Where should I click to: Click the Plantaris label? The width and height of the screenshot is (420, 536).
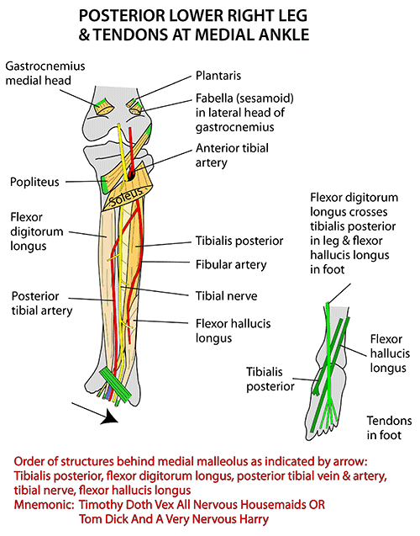[218, 76]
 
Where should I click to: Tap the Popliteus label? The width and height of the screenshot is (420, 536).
[34, 182]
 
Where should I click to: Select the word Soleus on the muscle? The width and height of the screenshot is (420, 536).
[127, 196]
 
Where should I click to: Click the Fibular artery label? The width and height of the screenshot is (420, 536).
[231, 264]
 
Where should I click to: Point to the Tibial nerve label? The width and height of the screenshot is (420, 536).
[226, 295]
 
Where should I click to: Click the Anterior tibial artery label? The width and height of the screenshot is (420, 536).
[232, 155]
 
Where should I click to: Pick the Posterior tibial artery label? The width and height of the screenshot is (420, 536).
[42, 303]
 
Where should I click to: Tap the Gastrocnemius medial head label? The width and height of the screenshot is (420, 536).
[45, 73]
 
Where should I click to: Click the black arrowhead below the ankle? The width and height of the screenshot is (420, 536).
[109, 417]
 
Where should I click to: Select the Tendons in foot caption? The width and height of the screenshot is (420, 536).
[389, 427]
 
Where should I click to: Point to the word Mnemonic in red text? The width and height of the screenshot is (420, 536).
[44, 505]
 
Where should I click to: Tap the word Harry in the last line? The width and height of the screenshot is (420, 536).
[254, 519]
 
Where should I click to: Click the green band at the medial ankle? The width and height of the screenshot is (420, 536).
[116, 385]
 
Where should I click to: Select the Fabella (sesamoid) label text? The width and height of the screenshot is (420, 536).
[244, 98]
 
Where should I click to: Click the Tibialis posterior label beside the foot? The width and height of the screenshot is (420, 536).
[270, 379]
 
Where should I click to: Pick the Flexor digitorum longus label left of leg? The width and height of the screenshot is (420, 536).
[37, 231]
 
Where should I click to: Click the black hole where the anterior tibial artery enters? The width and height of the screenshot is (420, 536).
[131, 175]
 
